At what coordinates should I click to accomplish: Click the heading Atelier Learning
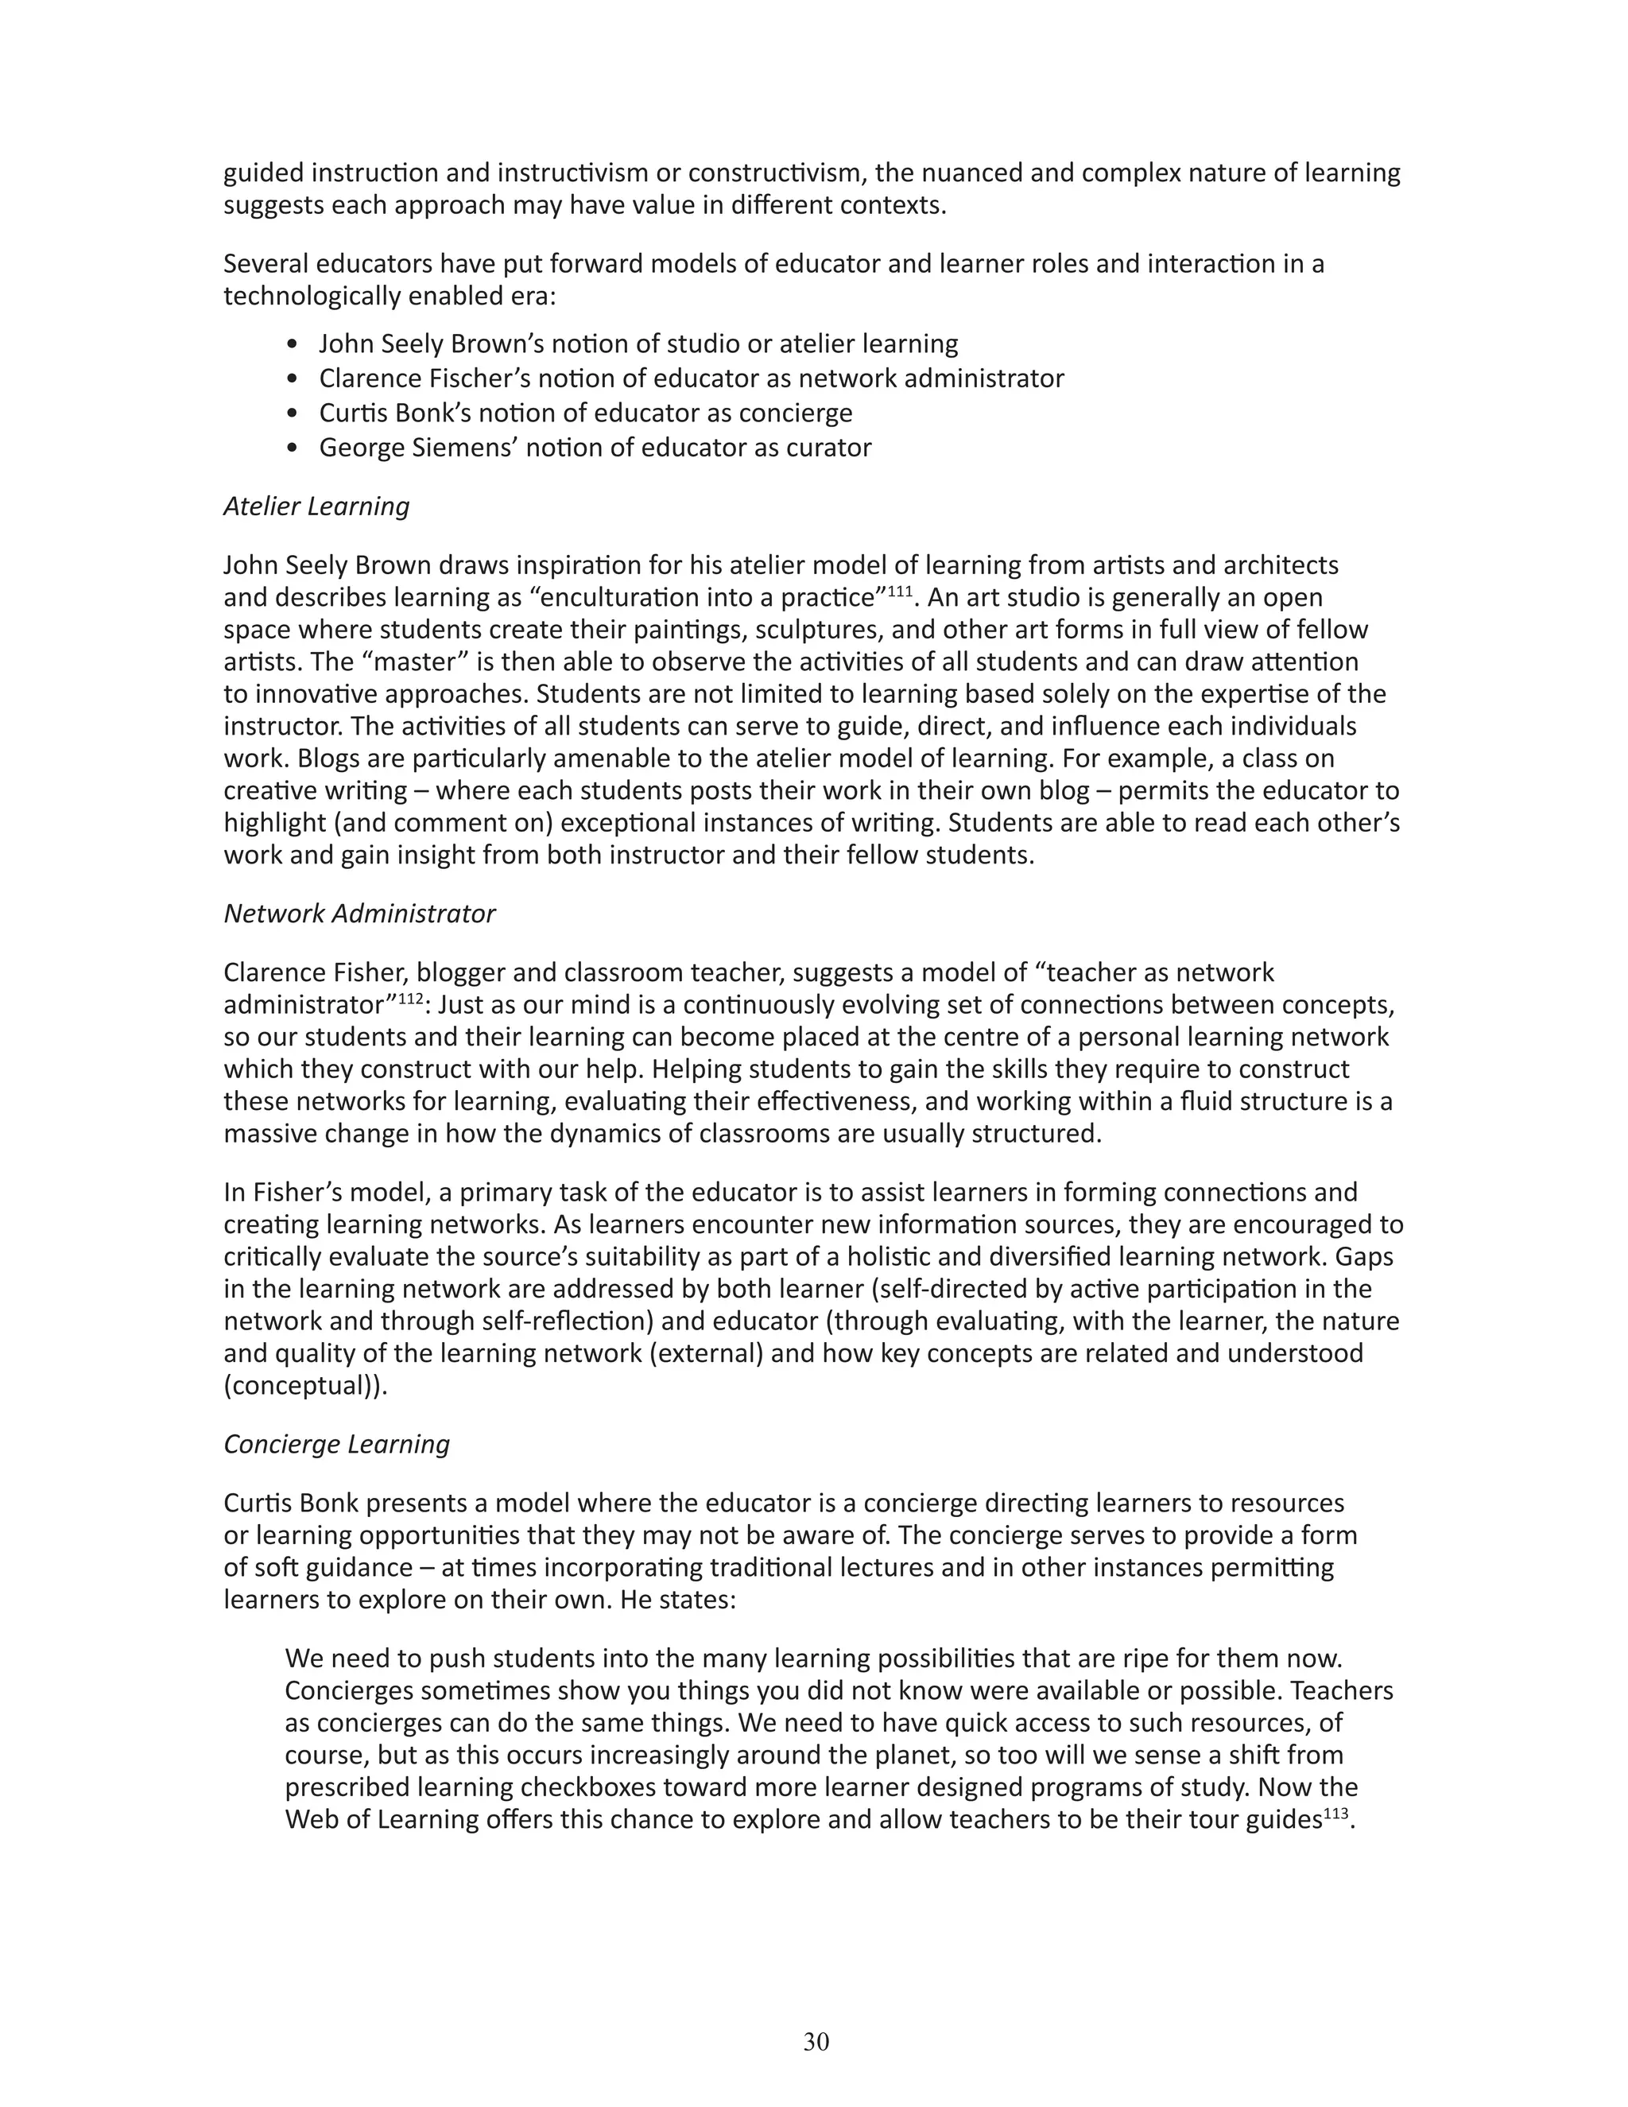(x=316, y=506)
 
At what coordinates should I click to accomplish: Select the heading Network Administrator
(x=359, y=914)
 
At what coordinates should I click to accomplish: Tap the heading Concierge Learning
(x=336, y=1444)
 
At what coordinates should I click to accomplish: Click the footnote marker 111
(x=899, y=591)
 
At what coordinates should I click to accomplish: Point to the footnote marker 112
(x=410, y=998)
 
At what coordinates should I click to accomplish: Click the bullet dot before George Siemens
(x=294, y=448)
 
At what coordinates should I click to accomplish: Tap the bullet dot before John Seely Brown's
(x=294, y=344)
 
